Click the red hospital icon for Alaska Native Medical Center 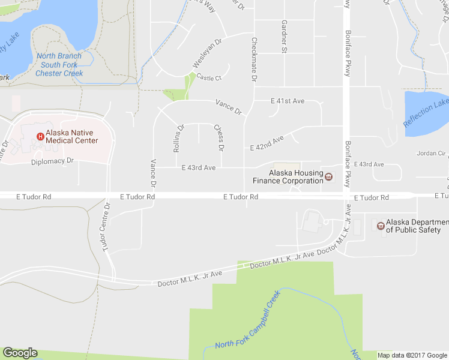40,136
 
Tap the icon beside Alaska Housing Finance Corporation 328,176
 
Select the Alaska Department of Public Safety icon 379,225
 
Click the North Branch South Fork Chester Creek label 59,65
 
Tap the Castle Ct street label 209,78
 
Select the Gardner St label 285,35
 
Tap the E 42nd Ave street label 267,143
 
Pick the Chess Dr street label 219,137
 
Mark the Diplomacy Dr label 52,161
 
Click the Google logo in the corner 20,353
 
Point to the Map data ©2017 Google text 412,355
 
